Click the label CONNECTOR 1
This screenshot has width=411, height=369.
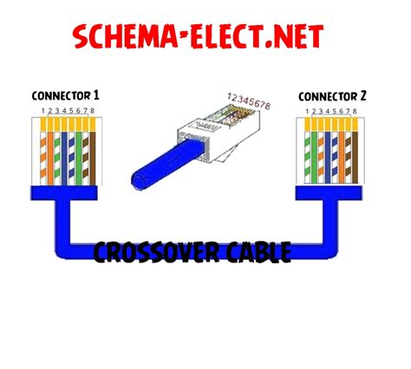(x=65, y=94)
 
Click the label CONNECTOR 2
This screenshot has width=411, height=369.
(x=335, y=94)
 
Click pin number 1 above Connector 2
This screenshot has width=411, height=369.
(x=306, y=111)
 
